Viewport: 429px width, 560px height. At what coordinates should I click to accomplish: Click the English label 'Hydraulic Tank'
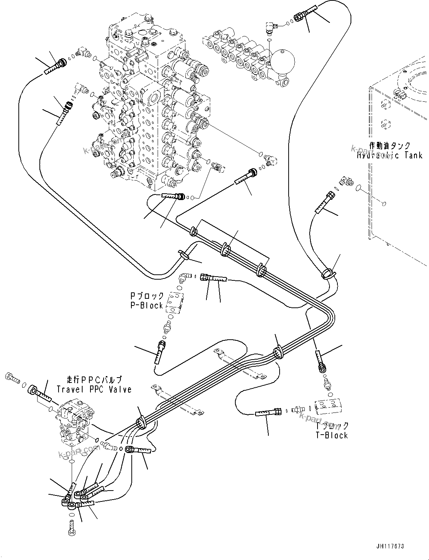(390, 155)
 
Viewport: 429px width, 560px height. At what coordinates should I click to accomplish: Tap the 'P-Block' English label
(147, 306)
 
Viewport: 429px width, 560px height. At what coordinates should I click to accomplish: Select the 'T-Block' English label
(332, 435)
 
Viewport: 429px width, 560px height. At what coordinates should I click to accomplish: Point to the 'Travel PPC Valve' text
(94, 389)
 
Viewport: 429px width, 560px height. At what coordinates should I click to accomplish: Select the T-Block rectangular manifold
(329, 408)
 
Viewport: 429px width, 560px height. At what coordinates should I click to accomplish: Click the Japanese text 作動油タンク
(390, 146)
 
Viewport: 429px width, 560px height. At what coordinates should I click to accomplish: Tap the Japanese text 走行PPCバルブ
(94, 380)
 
